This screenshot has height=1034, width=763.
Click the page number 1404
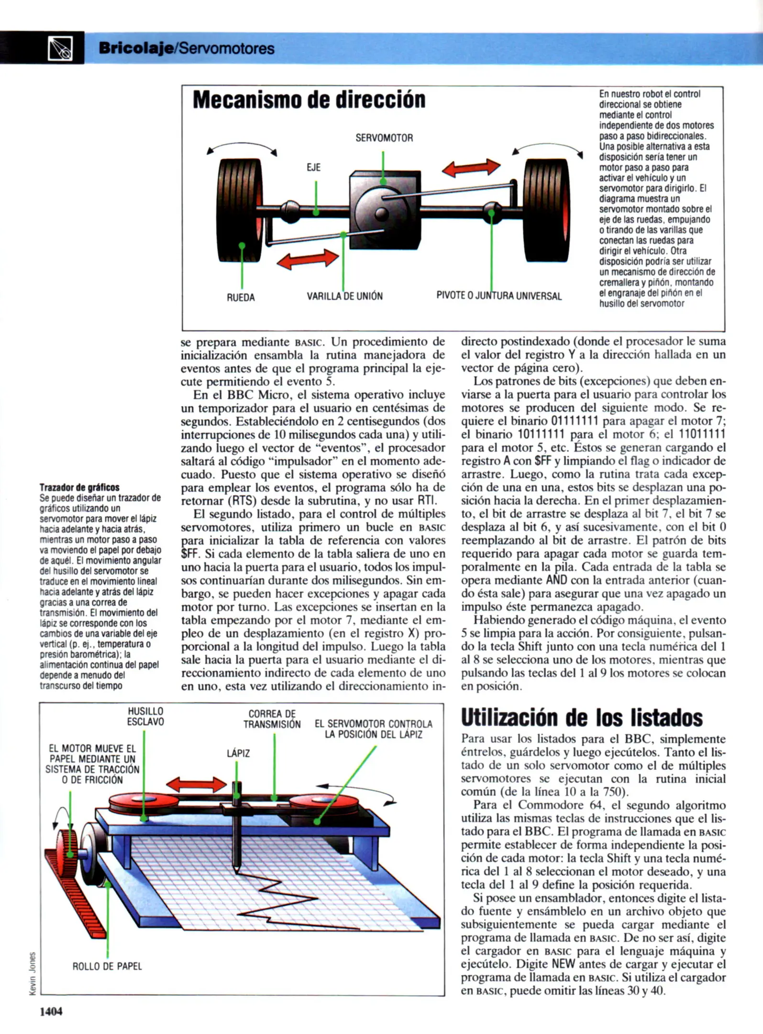(51, 1012)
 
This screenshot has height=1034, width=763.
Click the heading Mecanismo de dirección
(309, 100)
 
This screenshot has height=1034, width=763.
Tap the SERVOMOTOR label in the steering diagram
(384, 138)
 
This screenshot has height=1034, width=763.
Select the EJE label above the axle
(313, 168)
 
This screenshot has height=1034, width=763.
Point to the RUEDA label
(241, 297)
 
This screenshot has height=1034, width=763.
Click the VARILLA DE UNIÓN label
(344, 296)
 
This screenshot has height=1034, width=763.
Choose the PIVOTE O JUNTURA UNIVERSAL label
(498, 296)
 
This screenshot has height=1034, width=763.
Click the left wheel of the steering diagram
(240, 211)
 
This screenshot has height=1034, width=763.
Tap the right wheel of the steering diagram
(546, 211)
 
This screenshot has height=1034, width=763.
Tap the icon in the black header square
(61, 48)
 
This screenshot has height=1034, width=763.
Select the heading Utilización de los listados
(581, 718)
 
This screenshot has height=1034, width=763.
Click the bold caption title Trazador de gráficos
(79, 487)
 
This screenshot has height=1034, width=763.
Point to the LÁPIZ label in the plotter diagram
(238, 753)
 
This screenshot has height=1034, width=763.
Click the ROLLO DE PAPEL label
(107, 967)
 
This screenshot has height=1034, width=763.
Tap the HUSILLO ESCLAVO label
(145, 717)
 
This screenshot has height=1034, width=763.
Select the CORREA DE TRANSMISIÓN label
(272, 719)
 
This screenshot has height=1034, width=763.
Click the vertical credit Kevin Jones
(33, 974)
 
